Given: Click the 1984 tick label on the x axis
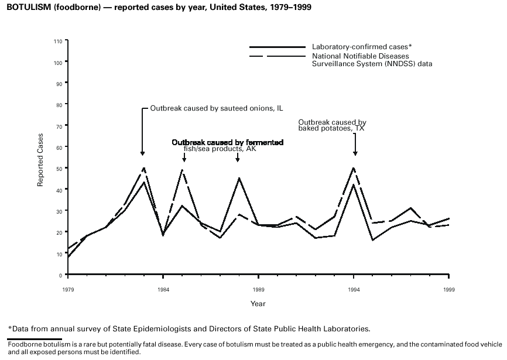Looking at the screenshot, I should pyautogui.click(x=163, y=289).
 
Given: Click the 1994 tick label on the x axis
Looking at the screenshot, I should pyautogui.click(x=354, y=289).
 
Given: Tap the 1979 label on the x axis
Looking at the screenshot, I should pyautogui.click(x=68, y=289).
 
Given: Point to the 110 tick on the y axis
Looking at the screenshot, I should pyautogui.click(x=57, y=41).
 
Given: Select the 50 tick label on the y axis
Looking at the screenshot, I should pyautogui.click(x=59, y=169).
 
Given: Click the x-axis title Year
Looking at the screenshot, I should pyautogui.click(x=258, y=304).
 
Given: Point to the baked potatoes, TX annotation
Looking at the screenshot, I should pyautogui.click(x=331, y=125).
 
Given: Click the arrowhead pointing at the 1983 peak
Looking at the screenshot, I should pyautogui.click(x=143, y=153).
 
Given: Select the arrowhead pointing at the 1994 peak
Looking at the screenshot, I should pyautogui.click(x=355, y=153).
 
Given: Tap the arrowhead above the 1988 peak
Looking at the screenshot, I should pyautogui.click(x=238, y=159).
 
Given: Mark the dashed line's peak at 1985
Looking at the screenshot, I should pyautogui.click(x=183, y=170).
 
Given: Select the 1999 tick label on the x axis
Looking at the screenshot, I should pyautogui.click(x=450, y=289).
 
